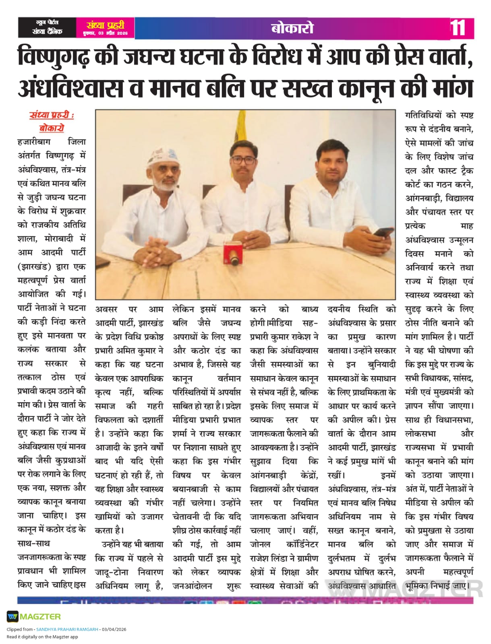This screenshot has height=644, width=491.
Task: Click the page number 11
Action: (x=458, y=28)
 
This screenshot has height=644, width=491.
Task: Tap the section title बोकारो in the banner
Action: (x=292, y=28)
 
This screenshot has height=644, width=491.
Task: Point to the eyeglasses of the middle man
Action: (x=243, y=160)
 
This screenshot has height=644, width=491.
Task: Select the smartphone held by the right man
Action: (x=383, y=232)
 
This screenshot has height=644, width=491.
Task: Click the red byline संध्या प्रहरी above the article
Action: (x=52, y=116)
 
